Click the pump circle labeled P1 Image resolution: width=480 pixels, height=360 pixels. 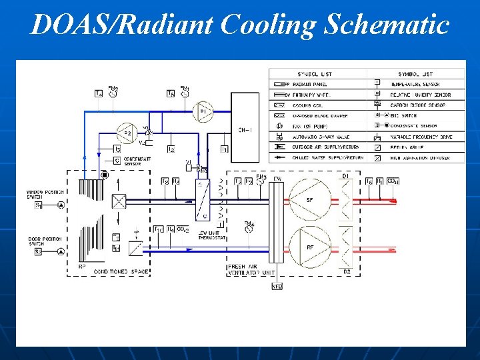[x=203, y=111]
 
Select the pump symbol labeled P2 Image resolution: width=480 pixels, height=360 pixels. [x=127, y=134]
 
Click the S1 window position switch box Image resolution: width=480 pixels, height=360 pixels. [x=39, y=205]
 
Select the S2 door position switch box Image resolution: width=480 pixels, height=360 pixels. [x=39, y=252]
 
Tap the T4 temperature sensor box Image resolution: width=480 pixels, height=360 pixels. [x=99, y=94]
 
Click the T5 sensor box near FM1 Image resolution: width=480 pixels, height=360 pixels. [x=171, y=94]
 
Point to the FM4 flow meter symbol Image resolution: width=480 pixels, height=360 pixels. [x=249, y=227]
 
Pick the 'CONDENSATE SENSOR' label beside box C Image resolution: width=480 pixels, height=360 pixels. [x=138, y=161]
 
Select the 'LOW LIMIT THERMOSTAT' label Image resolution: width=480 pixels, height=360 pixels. [x=211, y=235]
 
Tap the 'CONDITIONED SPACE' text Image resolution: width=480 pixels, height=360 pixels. [x=123, y=272]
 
